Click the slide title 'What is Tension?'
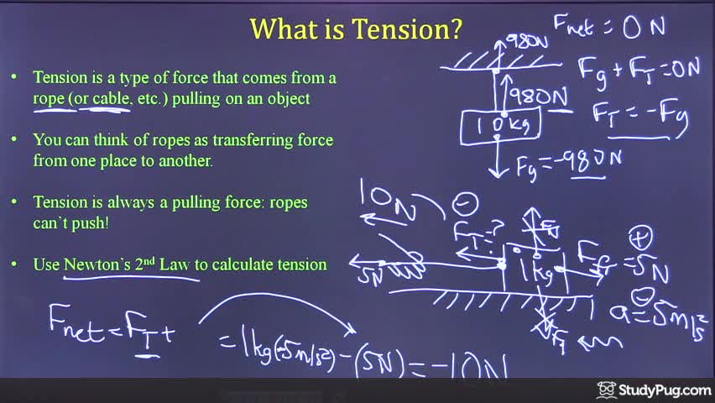(356, 30)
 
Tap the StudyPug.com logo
(654, 390)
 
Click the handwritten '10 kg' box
(501, 126)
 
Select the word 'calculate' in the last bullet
(242, 264)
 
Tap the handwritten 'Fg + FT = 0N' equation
(638, 69)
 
